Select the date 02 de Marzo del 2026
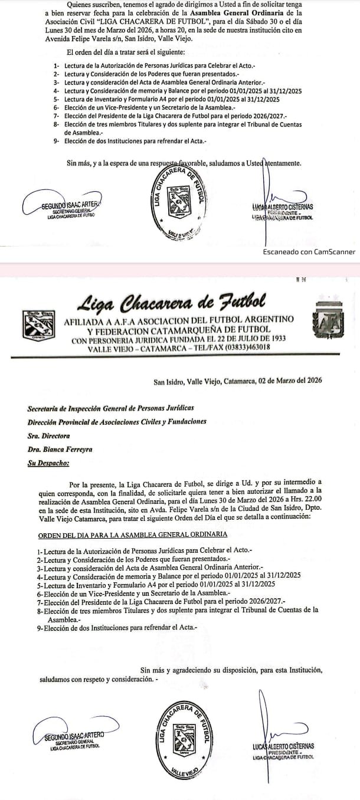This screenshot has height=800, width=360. pyautogui.click(x=289, y=381)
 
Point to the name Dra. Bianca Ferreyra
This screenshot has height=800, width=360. pyautogui.click(x=60, y=450)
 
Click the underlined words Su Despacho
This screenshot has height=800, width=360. pyautogui.click(x=48, y=463)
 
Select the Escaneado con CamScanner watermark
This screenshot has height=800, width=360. pyautogui.click(x=309, y=252)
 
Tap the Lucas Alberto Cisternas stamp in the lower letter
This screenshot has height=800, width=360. pyautogui.click(x=283, y=750)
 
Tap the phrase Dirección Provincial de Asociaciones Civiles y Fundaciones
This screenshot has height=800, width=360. pyautogui.click(x=117, y=422)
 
